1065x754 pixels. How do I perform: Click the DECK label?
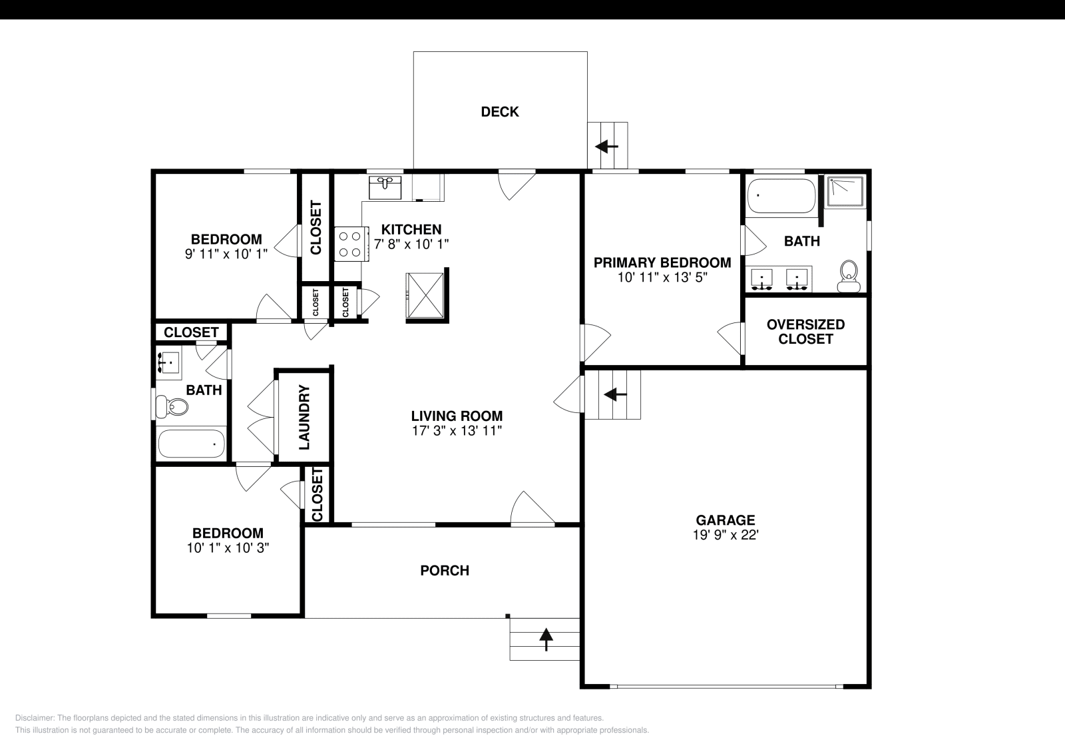click(500, 112)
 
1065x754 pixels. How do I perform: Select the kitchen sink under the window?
click(385, 187)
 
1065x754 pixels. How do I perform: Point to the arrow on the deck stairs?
click(606, 146)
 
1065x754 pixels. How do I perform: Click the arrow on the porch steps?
click(546, 639)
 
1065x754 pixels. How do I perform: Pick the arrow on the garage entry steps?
click(614, 395)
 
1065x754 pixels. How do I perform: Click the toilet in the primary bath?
click(848, 276)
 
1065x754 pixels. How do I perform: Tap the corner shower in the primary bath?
click(845, 190)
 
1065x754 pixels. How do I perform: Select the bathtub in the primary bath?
click(780, 196)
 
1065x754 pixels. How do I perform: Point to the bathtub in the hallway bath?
click(192, 443)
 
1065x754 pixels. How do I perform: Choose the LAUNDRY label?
click(304, 417)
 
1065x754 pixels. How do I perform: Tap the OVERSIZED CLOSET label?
click(805, 332)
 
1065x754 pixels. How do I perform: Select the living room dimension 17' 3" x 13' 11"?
click(456, 431)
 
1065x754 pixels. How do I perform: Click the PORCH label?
click(445, 571)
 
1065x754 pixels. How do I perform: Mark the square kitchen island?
click(425, 296)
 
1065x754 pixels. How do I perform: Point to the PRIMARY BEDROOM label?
click(662, 262)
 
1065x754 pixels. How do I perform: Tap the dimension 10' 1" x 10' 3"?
click(228, 548)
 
